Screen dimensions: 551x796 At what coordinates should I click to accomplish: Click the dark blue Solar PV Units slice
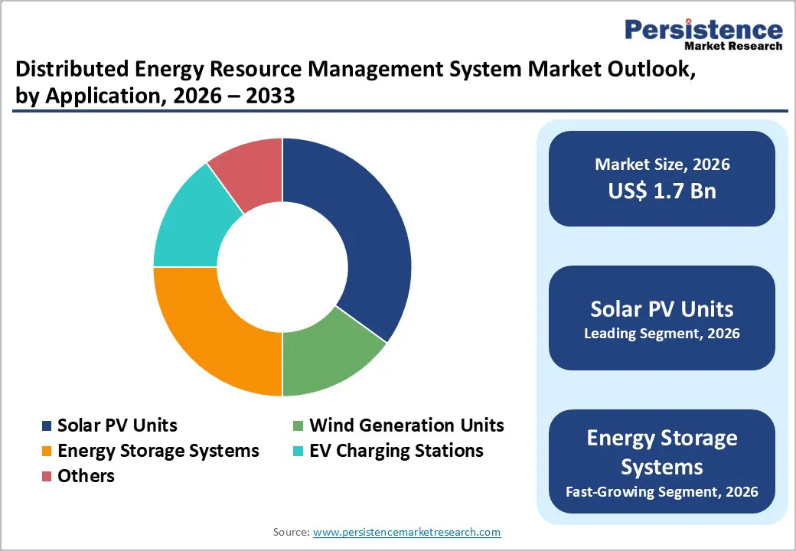coord(352,230)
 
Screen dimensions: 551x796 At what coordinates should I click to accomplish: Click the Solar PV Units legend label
coord(117,425)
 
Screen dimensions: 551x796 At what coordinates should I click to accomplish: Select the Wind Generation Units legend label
coord(406,425)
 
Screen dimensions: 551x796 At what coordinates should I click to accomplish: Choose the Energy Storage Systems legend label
coord(158,451)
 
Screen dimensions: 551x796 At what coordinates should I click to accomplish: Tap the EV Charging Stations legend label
coord(396,451)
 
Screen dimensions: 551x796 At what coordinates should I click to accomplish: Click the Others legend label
coord(86,476)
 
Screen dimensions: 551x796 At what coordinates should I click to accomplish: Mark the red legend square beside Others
coord(46,477)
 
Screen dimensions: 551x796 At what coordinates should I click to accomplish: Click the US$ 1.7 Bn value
coord(662,191)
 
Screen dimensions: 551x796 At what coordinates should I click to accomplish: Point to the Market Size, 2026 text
coord(662,165)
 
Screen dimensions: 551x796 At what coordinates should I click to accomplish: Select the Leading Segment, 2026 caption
coord(662,334)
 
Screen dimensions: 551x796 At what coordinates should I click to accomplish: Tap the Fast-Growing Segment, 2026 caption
coord(662,491)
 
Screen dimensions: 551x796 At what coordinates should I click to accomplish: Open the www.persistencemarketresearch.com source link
coord(407,532)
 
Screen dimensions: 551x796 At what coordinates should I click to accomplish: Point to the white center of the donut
coord(282,267)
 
